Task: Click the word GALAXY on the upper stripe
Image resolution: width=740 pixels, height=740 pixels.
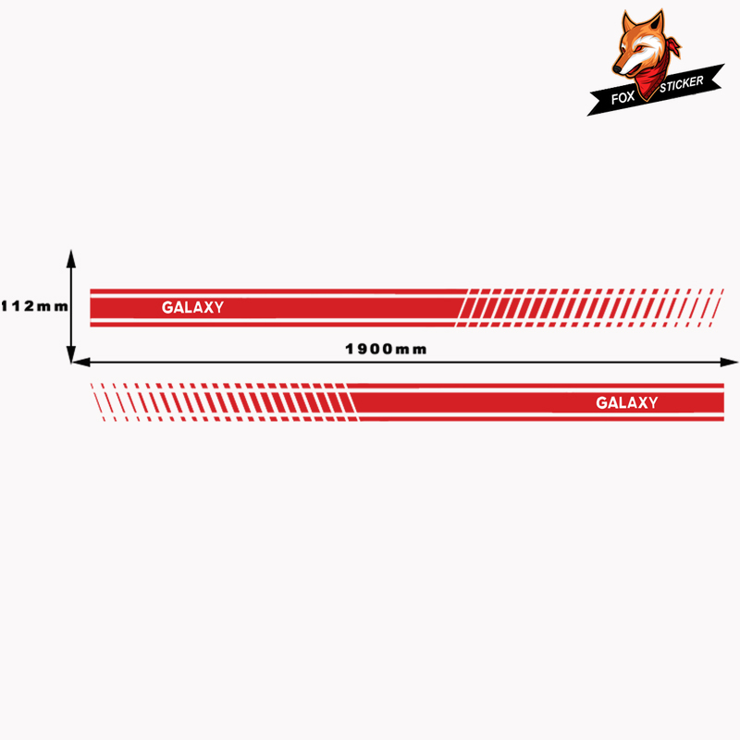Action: (x=192, y=307)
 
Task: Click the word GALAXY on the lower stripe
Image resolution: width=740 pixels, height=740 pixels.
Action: (x=627, y=402)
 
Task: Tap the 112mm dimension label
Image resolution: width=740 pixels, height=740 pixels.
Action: (x=35, y=306)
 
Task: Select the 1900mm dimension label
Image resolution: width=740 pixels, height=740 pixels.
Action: (x=386, y=350)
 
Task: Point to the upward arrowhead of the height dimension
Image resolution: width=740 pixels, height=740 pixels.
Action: (x=71, y=259)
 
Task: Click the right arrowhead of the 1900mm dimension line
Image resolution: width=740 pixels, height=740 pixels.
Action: (x=729, y=362)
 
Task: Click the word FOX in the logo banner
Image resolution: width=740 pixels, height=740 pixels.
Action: (x=623, y=98)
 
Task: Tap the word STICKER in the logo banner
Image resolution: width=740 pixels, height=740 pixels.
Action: (x=682, y=83)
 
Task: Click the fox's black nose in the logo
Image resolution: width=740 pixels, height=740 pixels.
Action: (x=617, y=70)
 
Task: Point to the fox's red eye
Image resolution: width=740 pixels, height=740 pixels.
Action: (x=638, y=49)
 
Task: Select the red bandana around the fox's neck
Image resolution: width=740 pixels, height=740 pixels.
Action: (x=652, y=76)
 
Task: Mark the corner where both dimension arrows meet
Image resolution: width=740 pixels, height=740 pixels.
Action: (x=71, y=363)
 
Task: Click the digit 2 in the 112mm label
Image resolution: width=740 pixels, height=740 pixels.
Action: (x=30, y=306)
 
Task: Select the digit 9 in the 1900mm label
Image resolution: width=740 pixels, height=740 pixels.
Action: (x=364, y=350)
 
